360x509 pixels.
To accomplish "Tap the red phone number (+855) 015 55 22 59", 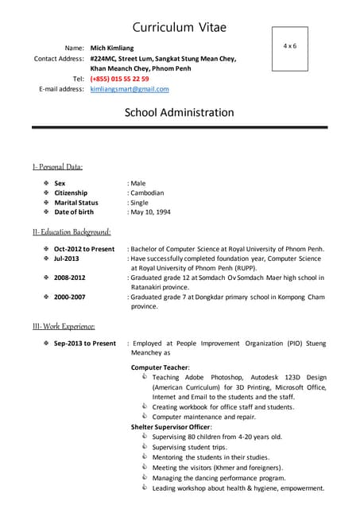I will tap(119, 79).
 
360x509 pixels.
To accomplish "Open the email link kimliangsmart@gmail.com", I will tap(129, 89).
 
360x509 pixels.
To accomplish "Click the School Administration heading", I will tap(180, 113).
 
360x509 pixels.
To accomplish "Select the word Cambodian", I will tap(148, 192).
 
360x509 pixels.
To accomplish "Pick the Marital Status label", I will tap(76, 203).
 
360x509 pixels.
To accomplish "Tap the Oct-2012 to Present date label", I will tap(84, 249).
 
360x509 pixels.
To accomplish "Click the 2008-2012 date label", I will tap(70, 278).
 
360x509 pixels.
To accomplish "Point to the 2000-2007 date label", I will tap(70, 297).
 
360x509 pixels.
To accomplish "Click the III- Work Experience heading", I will tap(64, 326).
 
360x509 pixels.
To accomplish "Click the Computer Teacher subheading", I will tap(160, 367).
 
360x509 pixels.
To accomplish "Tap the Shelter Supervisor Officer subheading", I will tap(171, 427).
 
